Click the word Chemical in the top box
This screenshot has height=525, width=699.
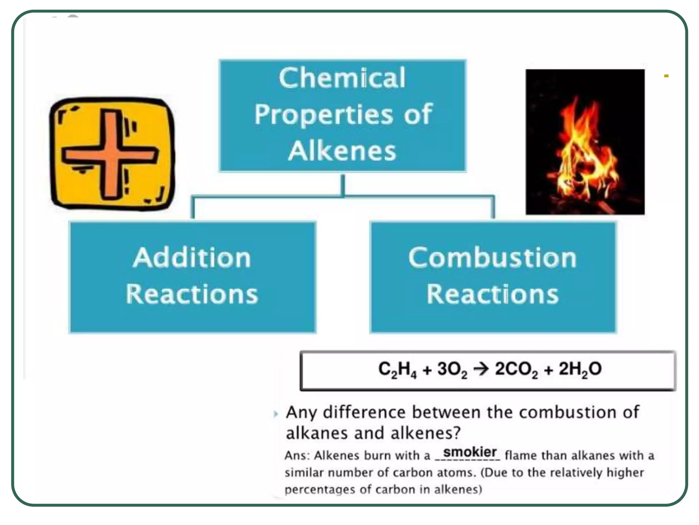[x=342, y=78]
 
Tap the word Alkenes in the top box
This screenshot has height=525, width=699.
[x=342, y=151]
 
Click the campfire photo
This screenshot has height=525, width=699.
[x=585, y=142]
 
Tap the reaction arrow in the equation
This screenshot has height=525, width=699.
[x=481, y=369]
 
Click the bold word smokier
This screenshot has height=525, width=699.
[x=470, y=452]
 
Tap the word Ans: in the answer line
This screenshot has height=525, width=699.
[x=297, y=456]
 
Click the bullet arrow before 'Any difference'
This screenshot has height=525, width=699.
[x=276, y=414]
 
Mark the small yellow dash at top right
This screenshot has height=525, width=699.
[x=666, y=76]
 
